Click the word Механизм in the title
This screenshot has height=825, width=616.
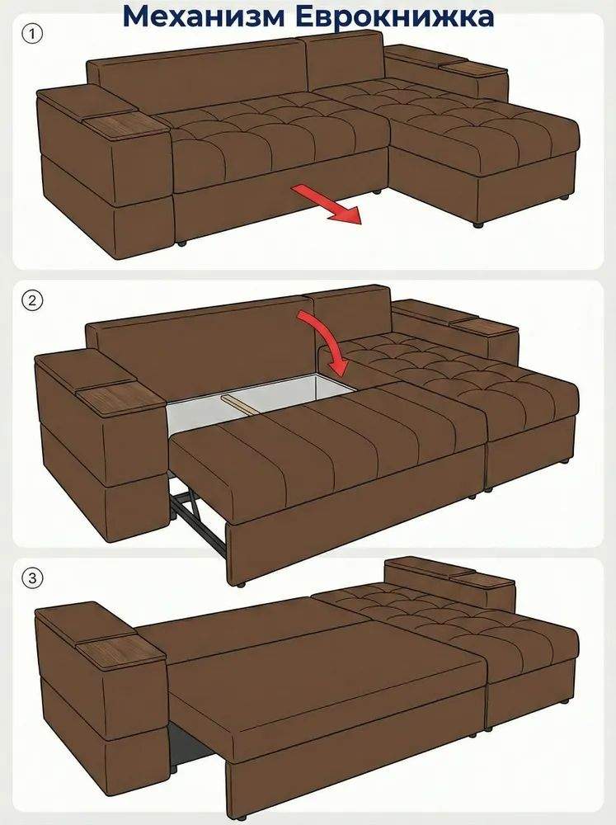click(x=205, y=16)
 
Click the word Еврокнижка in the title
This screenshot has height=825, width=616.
click(x=394, y=17)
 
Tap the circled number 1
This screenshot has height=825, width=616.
click(x=32, y=34)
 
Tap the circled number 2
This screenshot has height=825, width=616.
click(x=32, y=300)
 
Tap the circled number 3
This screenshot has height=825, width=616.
click(x=32, y=578)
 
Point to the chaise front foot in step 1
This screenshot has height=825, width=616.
click(x=478, y=224)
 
